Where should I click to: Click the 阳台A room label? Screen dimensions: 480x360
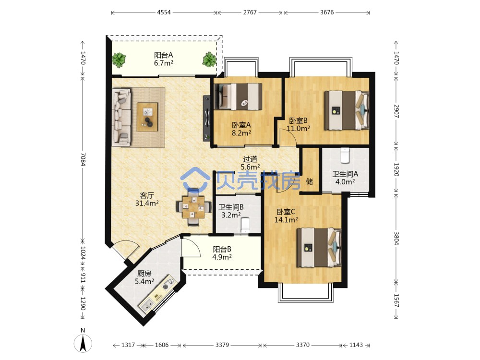click(164, 59)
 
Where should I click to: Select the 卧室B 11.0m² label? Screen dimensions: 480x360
click(298, 125)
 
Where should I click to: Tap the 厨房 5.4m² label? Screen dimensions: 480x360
click(144, 277)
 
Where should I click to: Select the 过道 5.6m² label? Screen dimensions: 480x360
click(250, 163)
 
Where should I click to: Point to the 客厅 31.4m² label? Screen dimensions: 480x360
click(147, 199)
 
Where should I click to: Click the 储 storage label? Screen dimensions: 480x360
click(310, 181)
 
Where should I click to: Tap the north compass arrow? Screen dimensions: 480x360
click(83, 343)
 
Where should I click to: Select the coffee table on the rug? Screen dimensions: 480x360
click(147, 117)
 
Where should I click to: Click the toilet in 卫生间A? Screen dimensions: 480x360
click(345, 156)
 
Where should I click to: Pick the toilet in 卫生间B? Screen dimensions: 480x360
click(245, 225)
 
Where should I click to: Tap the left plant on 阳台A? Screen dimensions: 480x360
click(119, 60)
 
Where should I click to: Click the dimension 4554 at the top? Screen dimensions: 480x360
click(164, 12)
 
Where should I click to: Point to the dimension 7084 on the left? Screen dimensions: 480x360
click(83, 159)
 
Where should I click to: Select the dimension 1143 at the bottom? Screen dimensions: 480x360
click(356, 345)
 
